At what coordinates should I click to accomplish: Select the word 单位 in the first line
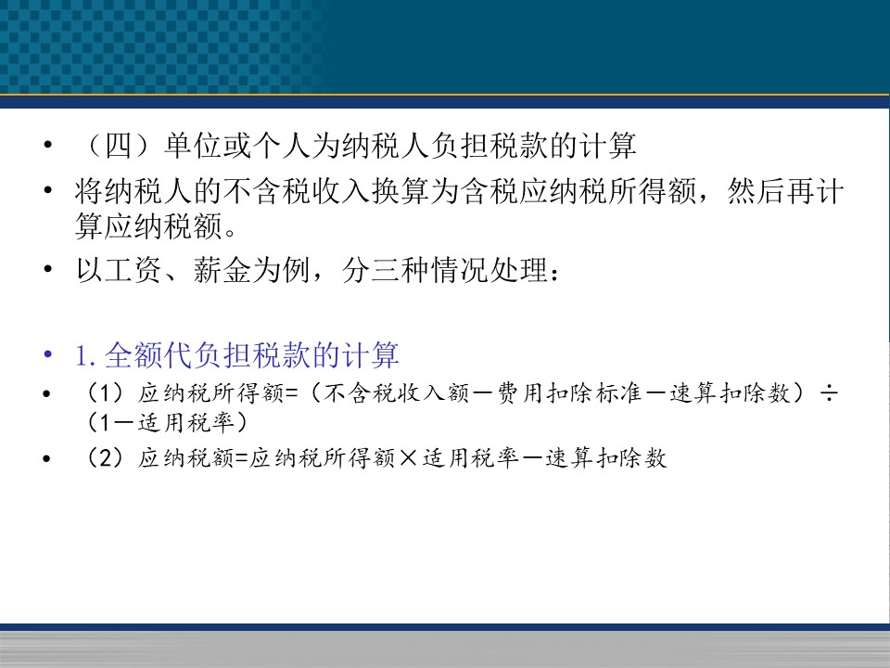(x=193, y=146)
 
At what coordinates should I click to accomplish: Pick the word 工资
(x=133, y=270)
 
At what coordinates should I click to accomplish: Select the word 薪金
(x=222, y=270)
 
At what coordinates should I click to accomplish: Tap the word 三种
(x=400, y=270)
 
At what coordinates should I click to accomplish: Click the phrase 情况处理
(x=489, y=270)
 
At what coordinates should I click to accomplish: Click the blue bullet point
(x=47, y=355)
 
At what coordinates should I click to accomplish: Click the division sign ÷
(x=829, y=393)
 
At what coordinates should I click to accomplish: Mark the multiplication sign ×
(x=408, y=457)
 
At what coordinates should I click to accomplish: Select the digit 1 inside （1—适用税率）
(x=105, y=423)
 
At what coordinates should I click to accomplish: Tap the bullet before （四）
(x=47, y=145)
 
